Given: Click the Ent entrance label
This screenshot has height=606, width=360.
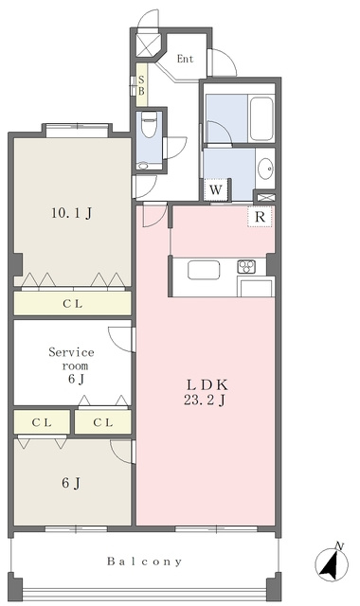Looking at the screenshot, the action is point(185,59).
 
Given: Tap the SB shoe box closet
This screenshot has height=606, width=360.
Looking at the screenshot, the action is point(141,85).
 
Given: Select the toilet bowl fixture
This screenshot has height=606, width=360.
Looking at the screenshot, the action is point(149,124).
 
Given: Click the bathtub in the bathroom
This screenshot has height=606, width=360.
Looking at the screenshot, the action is point(261,118).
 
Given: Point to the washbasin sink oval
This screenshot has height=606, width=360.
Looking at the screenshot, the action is point(265,169).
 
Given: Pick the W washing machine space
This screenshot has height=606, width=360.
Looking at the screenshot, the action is point(216,189).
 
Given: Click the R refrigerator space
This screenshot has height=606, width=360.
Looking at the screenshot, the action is point(260,217).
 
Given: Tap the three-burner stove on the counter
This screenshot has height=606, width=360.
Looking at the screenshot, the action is point(246,266).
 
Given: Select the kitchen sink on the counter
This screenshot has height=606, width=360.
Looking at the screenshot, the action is point(204,270).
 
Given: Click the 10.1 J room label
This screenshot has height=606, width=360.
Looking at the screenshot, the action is point(71,213).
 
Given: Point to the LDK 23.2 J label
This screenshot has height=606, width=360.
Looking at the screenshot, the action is point(206,393).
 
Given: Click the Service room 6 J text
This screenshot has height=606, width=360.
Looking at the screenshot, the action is point(72,365).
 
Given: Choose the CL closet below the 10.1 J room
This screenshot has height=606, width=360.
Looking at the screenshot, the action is point(73,303).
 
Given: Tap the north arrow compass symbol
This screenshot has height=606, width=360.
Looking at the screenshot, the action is point(332,562).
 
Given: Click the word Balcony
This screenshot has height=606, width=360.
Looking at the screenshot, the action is point(144,561).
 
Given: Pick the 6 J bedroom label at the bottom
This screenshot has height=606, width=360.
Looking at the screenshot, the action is point(71,483).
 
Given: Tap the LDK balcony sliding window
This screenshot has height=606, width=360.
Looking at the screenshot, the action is point(216,528).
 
